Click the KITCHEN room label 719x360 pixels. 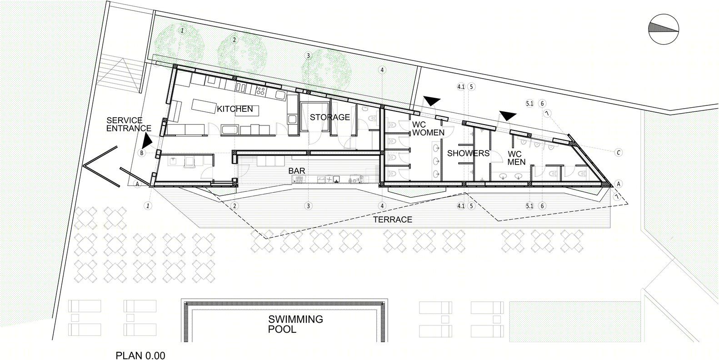tap(235, 109)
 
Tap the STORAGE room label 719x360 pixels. tap(330, 117)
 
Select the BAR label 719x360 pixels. tap(297, 171)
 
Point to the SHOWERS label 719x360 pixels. tap(468, 153)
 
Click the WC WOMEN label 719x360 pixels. tap(428, 129)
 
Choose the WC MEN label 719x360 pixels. tap(516, 158)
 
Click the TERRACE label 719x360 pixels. tap(393, 220)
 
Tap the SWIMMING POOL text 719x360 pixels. tap(295, 324)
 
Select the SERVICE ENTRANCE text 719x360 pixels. tap(129, 124)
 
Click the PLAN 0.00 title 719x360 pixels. tap(140, 355)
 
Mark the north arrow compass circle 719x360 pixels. tap(664, 29)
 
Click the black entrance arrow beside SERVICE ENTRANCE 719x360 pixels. tap(147, 140)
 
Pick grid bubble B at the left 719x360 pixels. tap(142, 153)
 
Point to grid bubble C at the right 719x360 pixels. tap(618, 153)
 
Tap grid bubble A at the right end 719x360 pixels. tap(618, 184)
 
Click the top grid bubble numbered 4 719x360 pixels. tap(382, 70)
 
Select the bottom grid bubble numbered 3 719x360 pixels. tap(308, 206)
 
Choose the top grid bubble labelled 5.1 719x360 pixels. tap(529, 103)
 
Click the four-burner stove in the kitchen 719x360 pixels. tap(260, 91)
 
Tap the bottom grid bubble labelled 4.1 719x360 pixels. tap(461, 206)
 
